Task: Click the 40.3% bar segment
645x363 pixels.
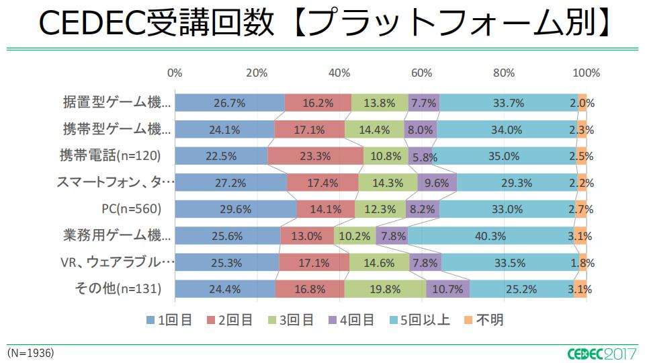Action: [490, 235]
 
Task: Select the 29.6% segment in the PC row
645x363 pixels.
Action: [235, 209]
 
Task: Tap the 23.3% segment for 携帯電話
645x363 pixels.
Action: [315, 156]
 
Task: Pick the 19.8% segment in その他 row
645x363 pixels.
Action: [385, 289]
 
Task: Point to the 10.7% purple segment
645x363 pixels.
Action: [447, 289]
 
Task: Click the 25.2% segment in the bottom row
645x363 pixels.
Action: [521, 289]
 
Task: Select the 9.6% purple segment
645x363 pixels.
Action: [437, 182]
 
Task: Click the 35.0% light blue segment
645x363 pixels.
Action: [506, 156]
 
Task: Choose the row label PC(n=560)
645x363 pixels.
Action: [132, 209]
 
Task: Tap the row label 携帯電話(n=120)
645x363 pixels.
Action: [110, 156]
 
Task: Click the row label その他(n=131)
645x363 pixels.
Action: [117, 289]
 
